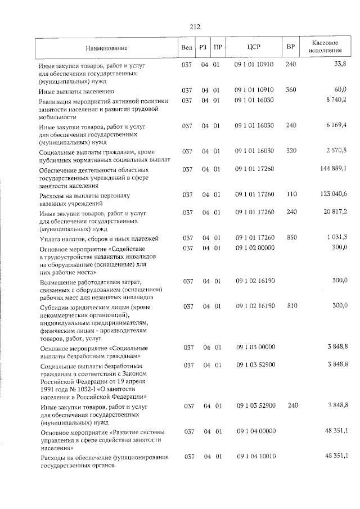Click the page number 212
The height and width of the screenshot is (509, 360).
point(195,26)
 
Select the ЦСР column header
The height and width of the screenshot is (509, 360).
point(254,47)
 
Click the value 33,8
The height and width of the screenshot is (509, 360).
point(340,65)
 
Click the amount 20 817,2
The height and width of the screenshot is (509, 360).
point(334,212)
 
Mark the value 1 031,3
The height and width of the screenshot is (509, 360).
point(336,237)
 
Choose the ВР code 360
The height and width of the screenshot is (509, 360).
point(291,90)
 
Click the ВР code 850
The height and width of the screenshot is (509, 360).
point(291,237)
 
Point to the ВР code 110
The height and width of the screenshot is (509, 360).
point(291,194)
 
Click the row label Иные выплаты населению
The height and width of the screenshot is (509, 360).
point(76,91)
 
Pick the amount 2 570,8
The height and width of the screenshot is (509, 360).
point(336,150)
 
